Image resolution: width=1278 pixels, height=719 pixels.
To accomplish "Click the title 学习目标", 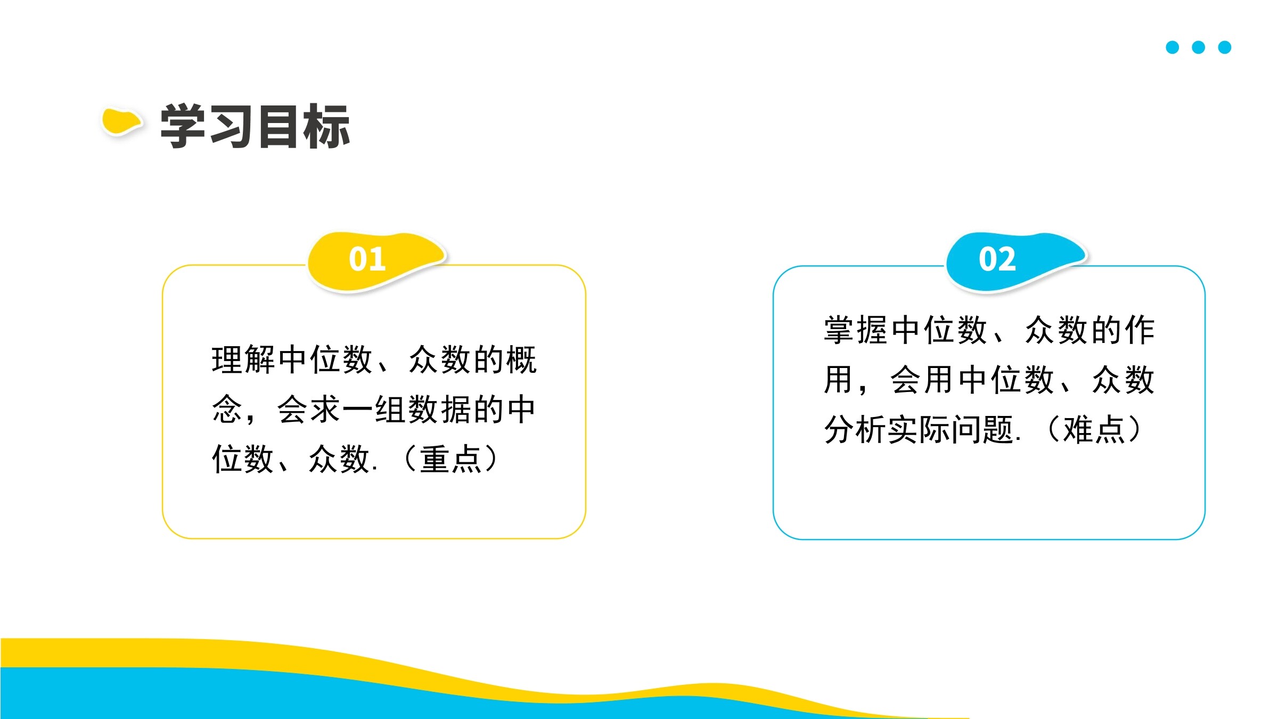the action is [x=255, y=126].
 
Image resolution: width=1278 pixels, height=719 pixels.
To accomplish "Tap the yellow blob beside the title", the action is [x=121, y=121].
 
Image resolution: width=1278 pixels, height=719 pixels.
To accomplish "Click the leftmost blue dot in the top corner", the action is [x=1172, y=47].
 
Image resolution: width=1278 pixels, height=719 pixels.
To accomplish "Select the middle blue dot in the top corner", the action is [x=1198, y=47].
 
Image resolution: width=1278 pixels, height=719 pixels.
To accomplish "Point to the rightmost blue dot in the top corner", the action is [x=1225, y=47].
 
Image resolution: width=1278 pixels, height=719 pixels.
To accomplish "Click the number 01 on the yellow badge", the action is [x=367, y=259].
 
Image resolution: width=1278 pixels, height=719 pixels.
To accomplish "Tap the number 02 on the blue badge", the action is [x=997, y=259].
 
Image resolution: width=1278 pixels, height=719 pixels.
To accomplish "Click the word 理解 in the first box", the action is [x=243, y=359].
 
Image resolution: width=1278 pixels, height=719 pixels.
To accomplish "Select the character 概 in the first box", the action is [x=521, y=359].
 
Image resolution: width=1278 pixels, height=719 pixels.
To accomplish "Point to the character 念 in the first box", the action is [x=227, y=410].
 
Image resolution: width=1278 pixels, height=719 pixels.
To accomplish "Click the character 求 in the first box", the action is [x=325, y=410].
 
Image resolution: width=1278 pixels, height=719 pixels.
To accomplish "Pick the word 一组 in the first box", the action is [x=374, y=410].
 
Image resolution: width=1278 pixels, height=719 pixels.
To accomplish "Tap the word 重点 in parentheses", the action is [x=450, y=459].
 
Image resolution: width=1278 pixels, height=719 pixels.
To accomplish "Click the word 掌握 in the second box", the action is [x=856, y=330].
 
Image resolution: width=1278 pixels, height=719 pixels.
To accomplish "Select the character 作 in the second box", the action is [x=1140, y=330].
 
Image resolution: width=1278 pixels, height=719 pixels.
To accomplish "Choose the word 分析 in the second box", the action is [x=856, y=429].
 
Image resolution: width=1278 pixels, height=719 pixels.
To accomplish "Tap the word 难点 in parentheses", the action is [x=1094, y=429].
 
